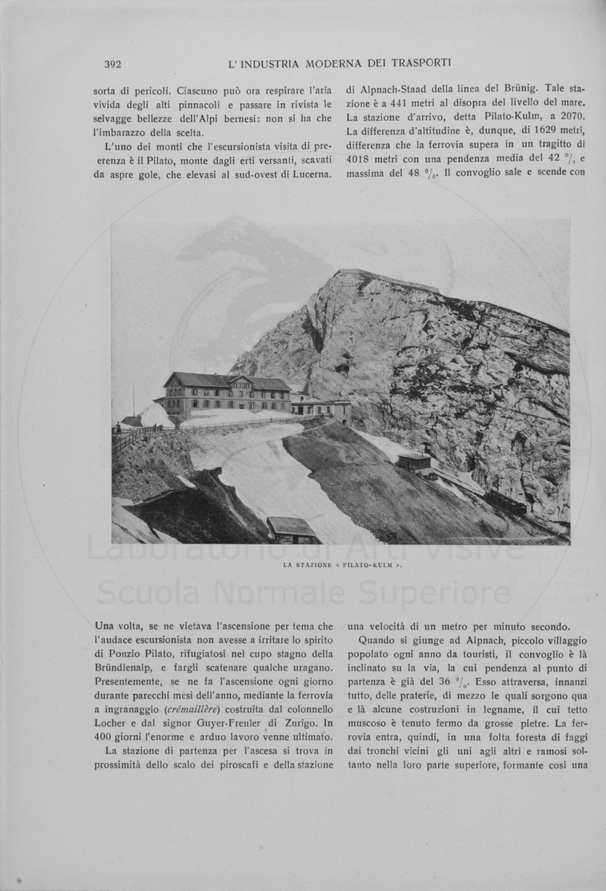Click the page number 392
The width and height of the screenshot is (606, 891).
tap(113, 63)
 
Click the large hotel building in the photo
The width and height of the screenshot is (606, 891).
tap(226, 394)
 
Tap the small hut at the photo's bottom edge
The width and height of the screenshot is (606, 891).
tap(291, 529)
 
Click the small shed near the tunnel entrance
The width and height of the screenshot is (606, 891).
tap(414, 462)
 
